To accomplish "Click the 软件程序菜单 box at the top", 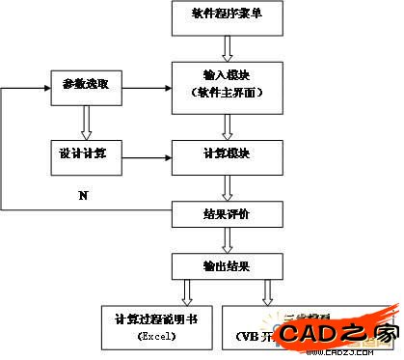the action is tap(228, 16).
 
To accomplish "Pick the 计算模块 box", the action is tap(228, 154).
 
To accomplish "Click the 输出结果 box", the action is tap(228, 263).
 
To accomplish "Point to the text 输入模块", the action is tap(228, 75).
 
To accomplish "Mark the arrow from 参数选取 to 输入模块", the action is tap(145, 85).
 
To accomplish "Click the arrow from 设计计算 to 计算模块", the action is tap(145, 154).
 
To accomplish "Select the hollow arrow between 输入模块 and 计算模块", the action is tap(228, 125).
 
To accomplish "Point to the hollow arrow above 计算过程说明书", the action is tap(186, 291).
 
